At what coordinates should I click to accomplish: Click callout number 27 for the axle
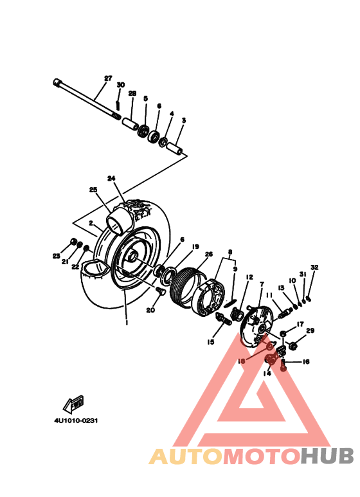pos(108,79)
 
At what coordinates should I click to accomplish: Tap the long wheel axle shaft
pos(86,99)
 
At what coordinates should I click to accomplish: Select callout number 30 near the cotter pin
pos(120,86)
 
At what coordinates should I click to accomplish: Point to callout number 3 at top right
pos(183,120)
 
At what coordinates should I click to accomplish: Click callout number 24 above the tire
pos(111,178)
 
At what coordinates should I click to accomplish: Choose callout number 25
pos(93,190)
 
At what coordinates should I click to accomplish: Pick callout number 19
pos(195,246)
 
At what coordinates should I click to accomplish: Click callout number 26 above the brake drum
pos(208,254)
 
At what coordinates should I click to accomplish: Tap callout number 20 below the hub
pos(150,310)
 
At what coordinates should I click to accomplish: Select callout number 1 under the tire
pos(127,323)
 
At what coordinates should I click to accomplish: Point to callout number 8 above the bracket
pos(230,253)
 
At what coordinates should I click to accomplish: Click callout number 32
pos(314,267)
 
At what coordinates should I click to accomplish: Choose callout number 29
pos(310,330)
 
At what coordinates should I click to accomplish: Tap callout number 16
pos(306,362)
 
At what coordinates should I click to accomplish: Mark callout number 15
pos(210,343)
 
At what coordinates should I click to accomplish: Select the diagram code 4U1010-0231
pos(77,422)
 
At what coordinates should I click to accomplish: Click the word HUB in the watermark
pos(327,456)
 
